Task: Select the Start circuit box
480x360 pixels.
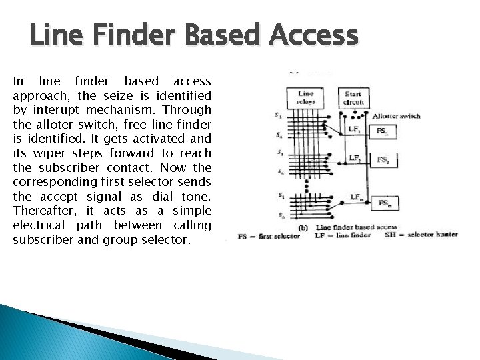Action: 353,98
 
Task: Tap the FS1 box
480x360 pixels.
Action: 383,132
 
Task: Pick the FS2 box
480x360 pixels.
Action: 383,160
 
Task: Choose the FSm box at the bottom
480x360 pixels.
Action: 385,203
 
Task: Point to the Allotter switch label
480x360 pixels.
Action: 396,116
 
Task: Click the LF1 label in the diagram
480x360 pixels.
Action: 355,129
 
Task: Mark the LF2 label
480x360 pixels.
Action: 355,159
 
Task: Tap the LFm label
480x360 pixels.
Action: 357,197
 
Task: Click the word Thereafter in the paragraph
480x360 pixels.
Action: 41,211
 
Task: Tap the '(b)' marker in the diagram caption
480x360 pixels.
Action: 303,227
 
